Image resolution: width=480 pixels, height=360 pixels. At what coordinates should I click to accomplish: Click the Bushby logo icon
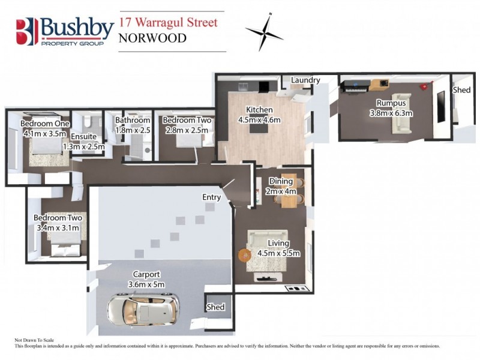27,31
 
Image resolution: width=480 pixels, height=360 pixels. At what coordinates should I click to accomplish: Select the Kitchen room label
259,110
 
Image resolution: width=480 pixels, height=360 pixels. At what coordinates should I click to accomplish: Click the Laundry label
305,80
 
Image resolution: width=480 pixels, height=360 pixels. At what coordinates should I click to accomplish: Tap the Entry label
212,197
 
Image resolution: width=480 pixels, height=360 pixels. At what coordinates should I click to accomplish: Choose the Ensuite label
83,137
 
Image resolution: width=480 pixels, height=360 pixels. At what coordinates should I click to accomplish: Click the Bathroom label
132,120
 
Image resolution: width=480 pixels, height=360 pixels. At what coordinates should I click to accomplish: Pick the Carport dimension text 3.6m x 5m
146,284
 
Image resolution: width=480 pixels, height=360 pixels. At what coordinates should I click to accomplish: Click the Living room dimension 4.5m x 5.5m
278,253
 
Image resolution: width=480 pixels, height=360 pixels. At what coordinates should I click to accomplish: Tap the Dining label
281,182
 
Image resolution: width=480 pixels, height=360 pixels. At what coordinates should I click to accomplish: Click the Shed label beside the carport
215,307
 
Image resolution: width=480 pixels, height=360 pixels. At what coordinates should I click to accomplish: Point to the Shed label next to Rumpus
461,89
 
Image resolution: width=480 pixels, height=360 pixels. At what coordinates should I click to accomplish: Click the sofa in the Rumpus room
401,114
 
